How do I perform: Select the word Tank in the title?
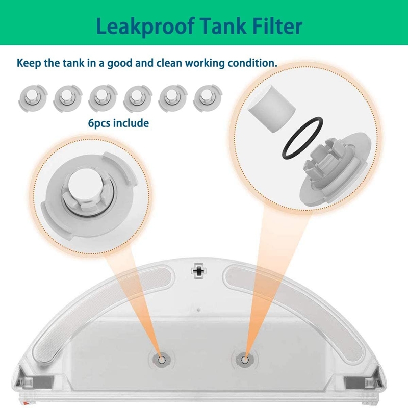coord(224,26)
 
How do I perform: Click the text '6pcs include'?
coord(118,123)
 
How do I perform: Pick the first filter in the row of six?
coord(33,98)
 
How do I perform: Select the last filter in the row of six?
coord(208,98)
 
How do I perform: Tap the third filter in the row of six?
coord(103,98)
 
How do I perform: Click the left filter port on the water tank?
coord(161,360)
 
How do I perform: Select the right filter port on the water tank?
coord(244,360)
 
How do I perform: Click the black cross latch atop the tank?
coord(199,271)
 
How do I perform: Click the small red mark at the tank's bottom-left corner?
coord(25,403)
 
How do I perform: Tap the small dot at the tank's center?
coord(198,310)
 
